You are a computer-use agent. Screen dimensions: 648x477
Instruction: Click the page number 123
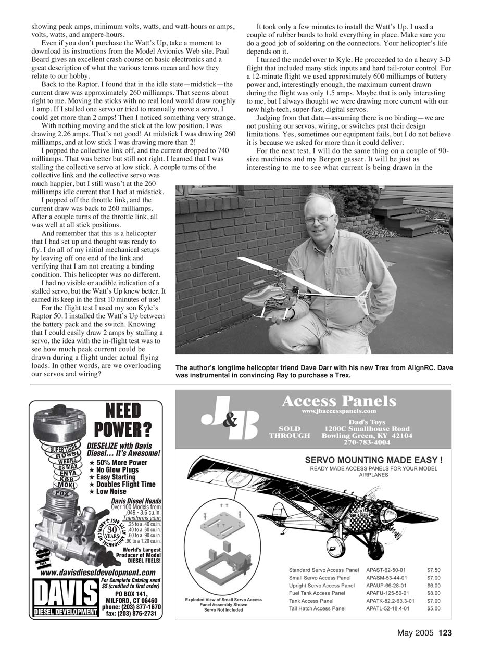coord(445,633)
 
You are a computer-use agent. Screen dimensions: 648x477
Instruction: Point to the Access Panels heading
coord(338,401)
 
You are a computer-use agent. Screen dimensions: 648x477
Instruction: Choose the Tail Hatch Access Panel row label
coord(317,608)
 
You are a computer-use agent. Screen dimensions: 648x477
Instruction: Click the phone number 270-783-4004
coord(367,442)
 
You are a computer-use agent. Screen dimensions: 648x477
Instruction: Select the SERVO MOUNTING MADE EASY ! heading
coord(373,460)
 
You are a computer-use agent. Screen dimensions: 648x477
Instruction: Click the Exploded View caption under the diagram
coord(223,604)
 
